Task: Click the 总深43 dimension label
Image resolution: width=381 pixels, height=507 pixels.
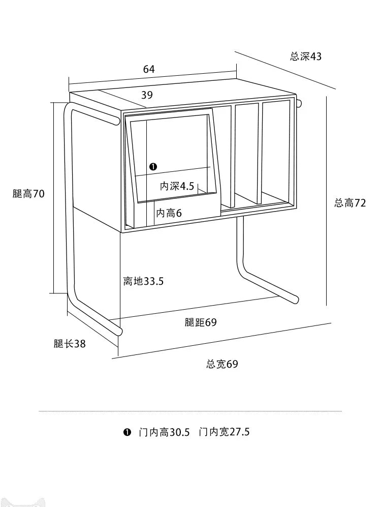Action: point(305,56)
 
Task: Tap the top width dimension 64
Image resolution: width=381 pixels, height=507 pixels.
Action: point(149,69)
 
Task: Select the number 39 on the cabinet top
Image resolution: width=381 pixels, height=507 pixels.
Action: point(147,95)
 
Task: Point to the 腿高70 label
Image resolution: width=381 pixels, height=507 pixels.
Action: point(28,194)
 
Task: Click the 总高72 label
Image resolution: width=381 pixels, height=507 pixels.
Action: point(350,203)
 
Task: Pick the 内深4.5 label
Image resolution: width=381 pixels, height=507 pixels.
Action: point(177,186)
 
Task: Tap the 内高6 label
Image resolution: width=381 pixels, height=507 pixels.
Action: point(169,213)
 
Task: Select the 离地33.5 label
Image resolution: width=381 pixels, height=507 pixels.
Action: point(143,281)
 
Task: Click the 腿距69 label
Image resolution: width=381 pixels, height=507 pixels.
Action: point(201,322)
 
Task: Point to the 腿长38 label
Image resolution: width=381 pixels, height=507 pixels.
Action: point(70,343)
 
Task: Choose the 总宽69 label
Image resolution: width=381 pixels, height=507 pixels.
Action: point(222,364)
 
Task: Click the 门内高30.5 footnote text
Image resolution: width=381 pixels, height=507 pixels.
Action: point(164,432)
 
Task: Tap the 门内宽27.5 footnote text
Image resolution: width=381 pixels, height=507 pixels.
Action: point(224,432)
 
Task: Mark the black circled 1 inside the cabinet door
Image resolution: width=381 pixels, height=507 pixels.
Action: point(153,167)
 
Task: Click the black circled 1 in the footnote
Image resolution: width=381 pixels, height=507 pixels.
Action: point(127,432)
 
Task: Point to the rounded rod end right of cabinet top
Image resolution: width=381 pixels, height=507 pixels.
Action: point(299,103)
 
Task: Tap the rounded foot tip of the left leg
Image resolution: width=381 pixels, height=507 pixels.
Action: point(119,331)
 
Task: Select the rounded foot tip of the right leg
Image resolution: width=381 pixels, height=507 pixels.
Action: point(294,300)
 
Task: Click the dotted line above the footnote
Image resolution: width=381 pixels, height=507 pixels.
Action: point(190,411)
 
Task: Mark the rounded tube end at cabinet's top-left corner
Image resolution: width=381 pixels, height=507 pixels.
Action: point(115,121)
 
